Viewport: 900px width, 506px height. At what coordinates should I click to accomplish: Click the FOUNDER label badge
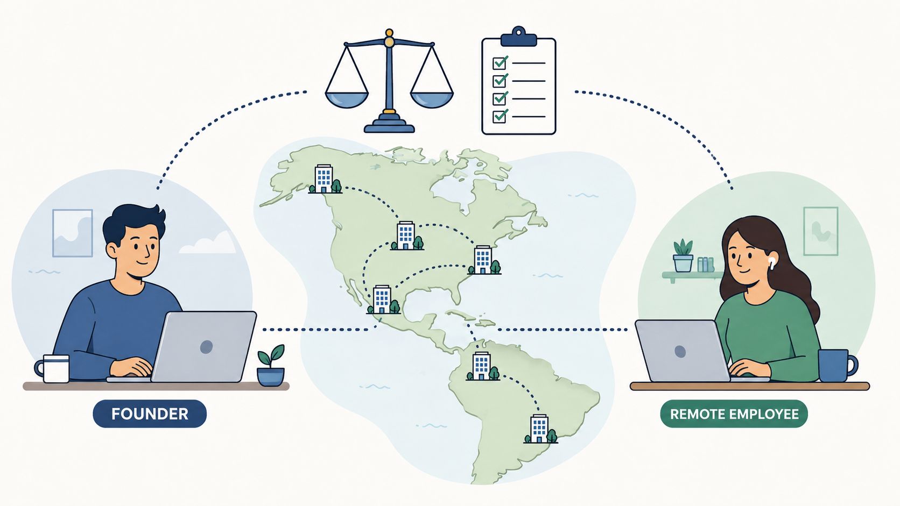click(150, 414)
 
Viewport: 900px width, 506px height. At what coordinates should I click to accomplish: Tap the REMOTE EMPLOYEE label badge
click(734, 414)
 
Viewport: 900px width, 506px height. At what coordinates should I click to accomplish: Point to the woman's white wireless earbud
click(771, 263)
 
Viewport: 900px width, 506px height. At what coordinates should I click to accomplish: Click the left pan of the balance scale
click(347, 99)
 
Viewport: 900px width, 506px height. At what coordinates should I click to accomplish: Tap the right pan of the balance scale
click(432, 99)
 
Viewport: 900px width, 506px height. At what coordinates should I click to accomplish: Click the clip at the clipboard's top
click(519, 37)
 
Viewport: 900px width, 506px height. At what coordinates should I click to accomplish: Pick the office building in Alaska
click(325, 179)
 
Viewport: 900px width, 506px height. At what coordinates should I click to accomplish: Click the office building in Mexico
click(383, 300)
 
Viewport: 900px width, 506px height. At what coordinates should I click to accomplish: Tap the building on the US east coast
click(484, 260)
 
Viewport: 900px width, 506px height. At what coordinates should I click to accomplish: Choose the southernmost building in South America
click(540, 429)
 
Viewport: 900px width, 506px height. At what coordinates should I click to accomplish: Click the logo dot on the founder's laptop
click(207, 347)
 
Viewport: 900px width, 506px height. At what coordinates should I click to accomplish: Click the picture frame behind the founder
click(73, 233)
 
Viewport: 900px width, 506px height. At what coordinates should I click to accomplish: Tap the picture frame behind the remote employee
click(820, 231)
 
